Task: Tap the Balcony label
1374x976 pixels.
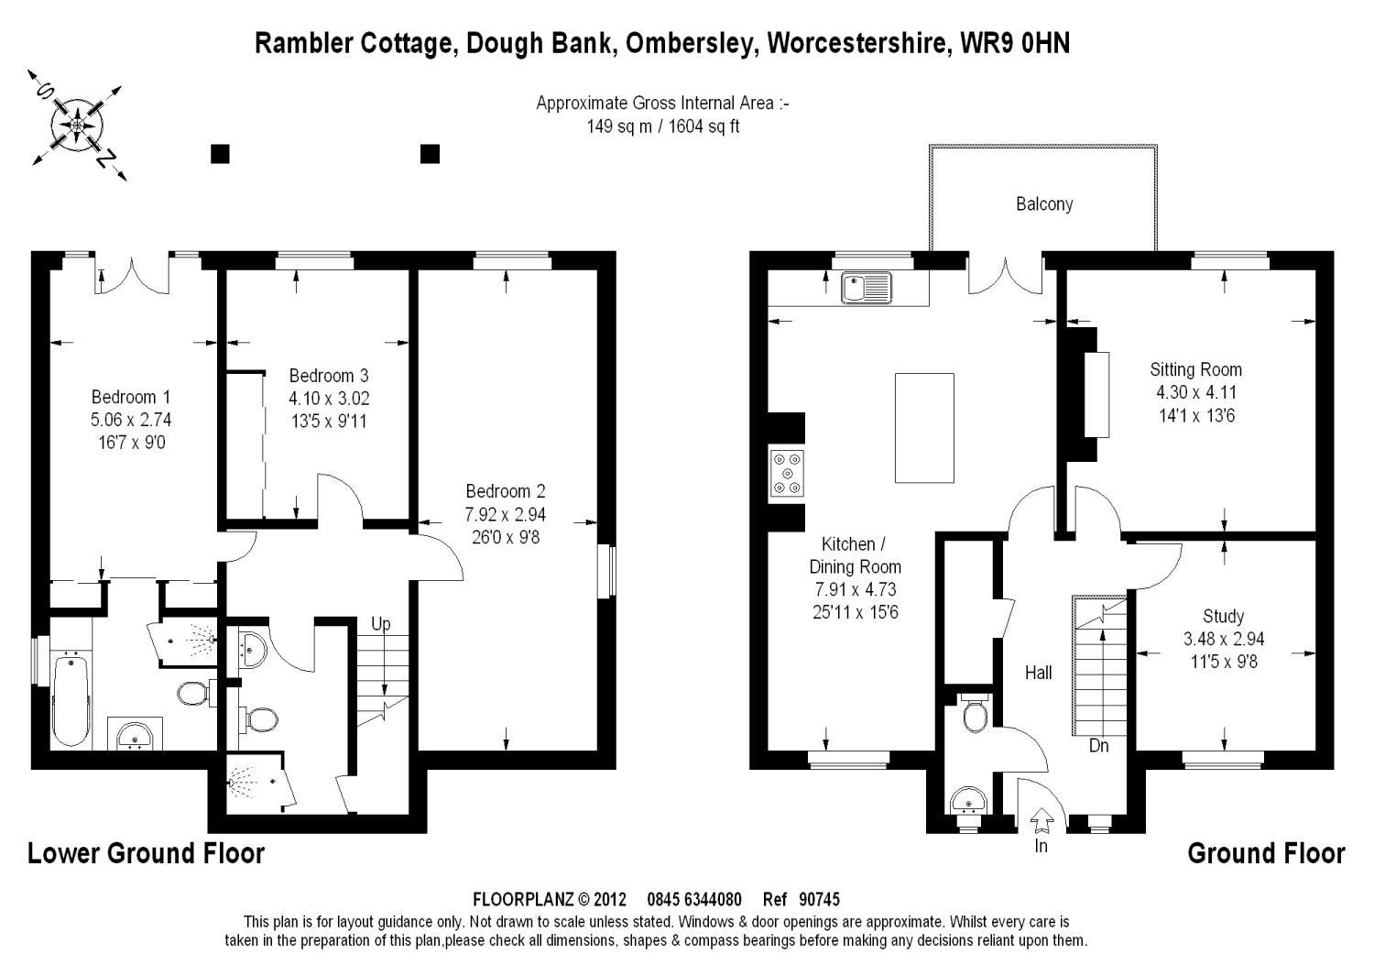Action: click(1044, 203)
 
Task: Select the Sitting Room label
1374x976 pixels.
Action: click(1196, 370)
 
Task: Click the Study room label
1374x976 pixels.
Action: click(1224, 616)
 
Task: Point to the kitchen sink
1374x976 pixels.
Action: click(866, 287)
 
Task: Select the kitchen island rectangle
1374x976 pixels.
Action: click(924, 428)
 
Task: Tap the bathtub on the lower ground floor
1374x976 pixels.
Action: click(71, 698)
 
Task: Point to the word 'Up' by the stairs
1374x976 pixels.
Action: click(381, 624)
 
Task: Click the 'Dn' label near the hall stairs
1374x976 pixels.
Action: click(1099, 746)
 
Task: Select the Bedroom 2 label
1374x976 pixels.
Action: click(506, 491)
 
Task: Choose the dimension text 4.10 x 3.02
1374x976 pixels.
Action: click(329, 399)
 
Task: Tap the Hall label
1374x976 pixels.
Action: click(1038, 673)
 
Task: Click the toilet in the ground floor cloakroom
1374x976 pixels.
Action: click(975, 713)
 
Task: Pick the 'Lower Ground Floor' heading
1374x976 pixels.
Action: click(147, 853)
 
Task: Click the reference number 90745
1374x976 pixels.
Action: click(819, 899)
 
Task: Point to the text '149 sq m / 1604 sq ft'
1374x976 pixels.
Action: click(662, 126)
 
